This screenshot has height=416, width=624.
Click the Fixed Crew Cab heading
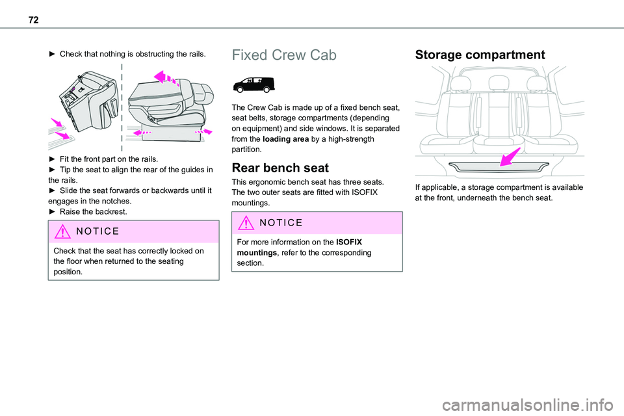point(284,55)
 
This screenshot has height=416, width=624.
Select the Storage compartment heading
point(480,55)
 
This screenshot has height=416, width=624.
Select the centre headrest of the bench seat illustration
point(499,83)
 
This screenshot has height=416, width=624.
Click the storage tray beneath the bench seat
point(499,167)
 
